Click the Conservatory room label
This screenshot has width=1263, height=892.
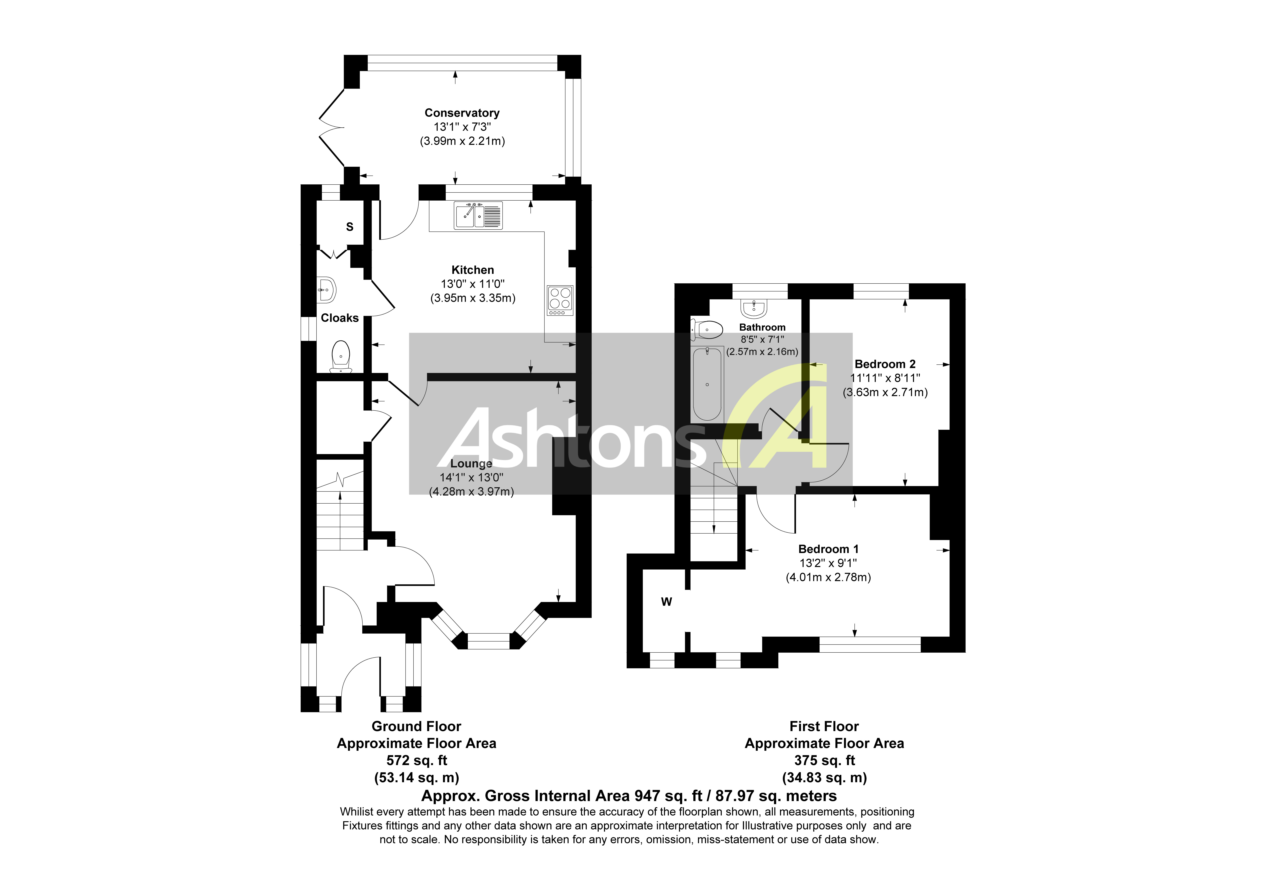tap(461, 113)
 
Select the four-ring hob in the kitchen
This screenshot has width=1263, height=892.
tap(560, 300)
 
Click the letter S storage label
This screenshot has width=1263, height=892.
tap(349, 227)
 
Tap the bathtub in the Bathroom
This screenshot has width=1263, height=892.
tap(707, 384)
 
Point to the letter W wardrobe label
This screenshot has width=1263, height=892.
tap(666, 602)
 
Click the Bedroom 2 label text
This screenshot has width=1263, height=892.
tap(884, 364)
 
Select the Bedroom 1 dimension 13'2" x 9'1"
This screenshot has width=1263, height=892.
tap(828, 563)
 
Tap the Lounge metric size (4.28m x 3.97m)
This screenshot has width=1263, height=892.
tap(471, 492)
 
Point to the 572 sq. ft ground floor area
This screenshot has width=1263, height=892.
tap(416, 761)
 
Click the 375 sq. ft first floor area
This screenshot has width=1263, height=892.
tap(824, 761)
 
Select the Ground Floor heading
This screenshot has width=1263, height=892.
tap(416, 726)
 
